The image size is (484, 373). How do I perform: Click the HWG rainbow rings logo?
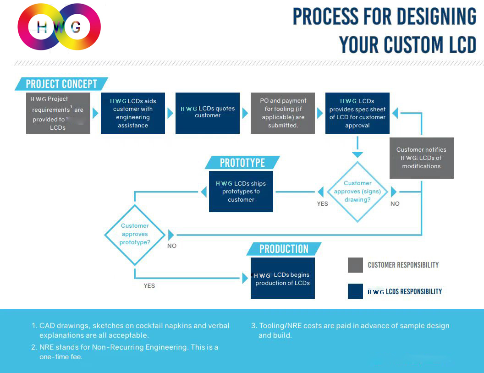coord(59,27)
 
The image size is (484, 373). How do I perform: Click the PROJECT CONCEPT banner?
coord(61,84)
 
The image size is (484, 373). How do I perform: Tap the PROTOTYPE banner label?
coord(242,163)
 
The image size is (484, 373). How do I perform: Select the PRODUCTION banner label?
coord(284,249)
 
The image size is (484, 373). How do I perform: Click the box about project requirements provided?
coord(58,113)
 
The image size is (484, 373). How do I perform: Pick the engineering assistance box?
coord(133,113)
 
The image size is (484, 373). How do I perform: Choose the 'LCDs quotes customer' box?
coord(208,113)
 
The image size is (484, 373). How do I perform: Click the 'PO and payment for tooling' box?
coord(283,113)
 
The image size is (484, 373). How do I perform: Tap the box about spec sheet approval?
coord(357,113)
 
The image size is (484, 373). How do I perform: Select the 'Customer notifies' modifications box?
coord(421,158)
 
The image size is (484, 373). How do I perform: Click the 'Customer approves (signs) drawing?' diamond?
coord(357,192)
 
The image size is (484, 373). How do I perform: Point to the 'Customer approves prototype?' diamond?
coord(135,234)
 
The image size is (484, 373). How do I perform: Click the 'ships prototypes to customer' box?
coord(241,192)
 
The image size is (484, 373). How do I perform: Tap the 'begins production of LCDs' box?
coord(283,278)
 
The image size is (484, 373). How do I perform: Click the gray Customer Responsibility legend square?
coord(355,265)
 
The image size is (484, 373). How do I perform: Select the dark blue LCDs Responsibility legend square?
coord(355,291)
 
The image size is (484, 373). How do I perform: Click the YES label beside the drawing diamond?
coord(323,204)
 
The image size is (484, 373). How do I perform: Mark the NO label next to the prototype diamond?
coord(172,246)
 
